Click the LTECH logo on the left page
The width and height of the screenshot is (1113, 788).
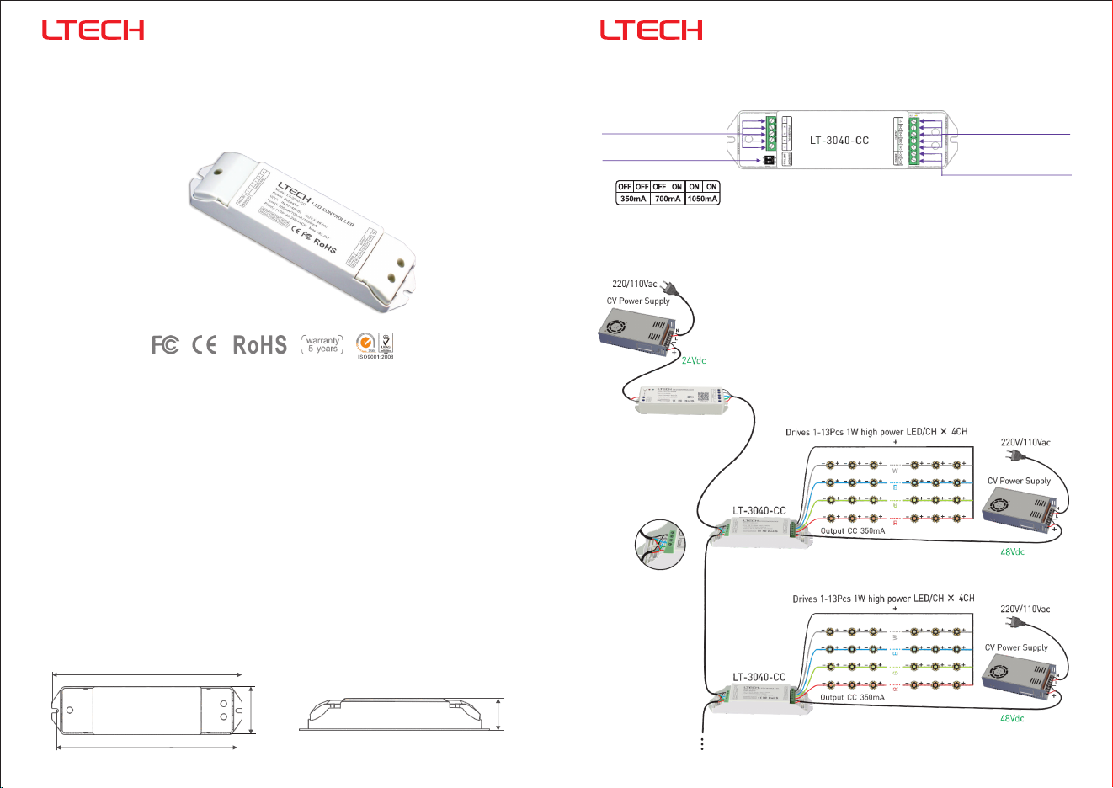93,30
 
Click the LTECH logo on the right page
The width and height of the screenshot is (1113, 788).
651,30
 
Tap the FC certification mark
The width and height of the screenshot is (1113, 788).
165,344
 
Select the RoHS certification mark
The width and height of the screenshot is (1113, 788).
259,345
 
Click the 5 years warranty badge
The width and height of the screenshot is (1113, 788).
322,345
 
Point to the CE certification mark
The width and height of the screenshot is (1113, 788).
205,344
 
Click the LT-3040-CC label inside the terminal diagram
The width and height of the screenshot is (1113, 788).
839,141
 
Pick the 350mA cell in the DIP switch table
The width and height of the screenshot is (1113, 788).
633,200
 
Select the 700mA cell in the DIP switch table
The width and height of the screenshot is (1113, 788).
668,200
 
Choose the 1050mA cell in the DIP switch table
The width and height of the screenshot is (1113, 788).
702,200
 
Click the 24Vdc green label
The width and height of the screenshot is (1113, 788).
694,361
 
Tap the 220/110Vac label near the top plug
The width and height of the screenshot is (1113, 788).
634,285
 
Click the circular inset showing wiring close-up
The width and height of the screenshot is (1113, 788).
660,544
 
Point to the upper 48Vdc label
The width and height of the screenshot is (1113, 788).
1012,552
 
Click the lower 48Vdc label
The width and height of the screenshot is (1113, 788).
1012,719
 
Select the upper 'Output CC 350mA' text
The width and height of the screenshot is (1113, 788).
852,531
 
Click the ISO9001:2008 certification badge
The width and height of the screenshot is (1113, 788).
375,345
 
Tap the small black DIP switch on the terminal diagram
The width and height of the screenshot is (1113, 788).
768,159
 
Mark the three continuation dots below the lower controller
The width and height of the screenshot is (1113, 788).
701,743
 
